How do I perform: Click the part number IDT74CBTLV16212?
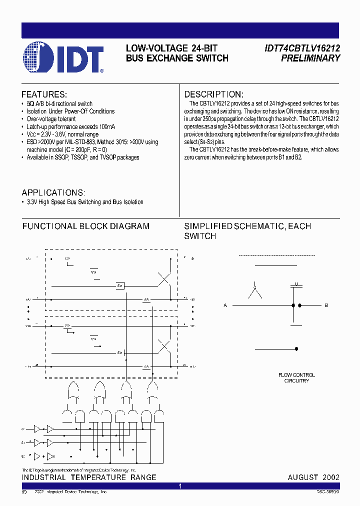pos(302,48)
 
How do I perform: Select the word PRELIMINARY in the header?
pos(310,58)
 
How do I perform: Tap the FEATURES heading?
pos(44,94)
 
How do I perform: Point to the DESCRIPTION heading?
pos(214,94)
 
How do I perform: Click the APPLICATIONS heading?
pos(53,193)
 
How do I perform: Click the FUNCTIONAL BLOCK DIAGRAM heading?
pos(85,226)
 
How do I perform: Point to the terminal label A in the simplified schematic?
pos(225,305)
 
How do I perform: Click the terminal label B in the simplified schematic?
pos(326,305)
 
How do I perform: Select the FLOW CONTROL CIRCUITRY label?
pos(296,378)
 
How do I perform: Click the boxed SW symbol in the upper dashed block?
pos(120,285)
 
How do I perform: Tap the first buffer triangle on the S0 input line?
pos(37,428)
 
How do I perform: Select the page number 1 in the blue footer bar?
pos(180,486)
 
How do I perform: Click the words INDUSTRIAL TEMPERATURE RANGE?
pos(89,477)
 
